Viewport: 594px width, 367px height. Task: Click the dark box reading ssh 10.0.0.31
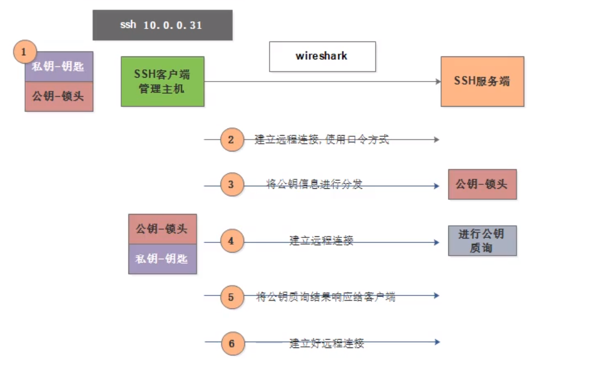click(162, 25)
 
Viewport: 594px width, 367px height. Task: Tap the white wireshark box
click(322, 56)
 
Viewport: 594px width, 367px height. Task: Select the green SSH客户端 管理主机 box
click(162, 82)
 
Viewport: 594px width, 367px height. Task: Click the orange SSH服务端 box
click(482, 82)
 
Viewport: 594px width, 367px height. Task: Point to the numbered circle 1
click(24, 53)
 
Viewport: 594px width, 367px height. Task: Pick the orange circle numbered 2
click(232, 139)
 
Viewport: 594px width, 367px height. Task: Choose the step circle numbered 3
click(232, 185)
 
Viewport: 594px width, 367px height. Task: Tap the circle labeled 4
click(232, 241)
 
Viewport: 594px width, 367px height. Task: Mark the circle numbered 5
click(232, 297)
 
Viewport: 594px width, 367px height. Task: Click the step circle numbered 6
click(232, 343)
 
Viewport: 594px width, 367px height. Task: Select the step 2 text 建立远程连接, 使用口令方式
click(322, 140)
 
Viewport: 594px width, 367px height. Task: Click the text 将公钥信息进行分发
click(314, 184)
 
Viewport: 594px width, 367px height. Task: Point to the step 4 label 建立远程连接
click(321, 241)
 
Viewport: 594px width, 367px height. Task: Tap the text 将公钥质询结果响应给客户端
click(325, 297)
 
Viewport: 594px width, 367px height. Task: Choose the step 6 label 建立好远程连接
click(327, 343)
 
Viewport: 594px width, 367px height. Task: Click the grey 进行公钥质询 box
click(482, 241)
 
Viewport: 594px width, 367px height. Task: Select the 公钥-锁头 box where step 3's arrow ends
click(482, 184)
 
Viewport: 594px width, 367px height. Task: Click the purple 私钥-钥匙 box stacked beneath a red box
click(162, 259)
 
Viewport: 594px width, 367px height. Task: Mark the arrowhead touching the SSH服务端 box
click(437, 82)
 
